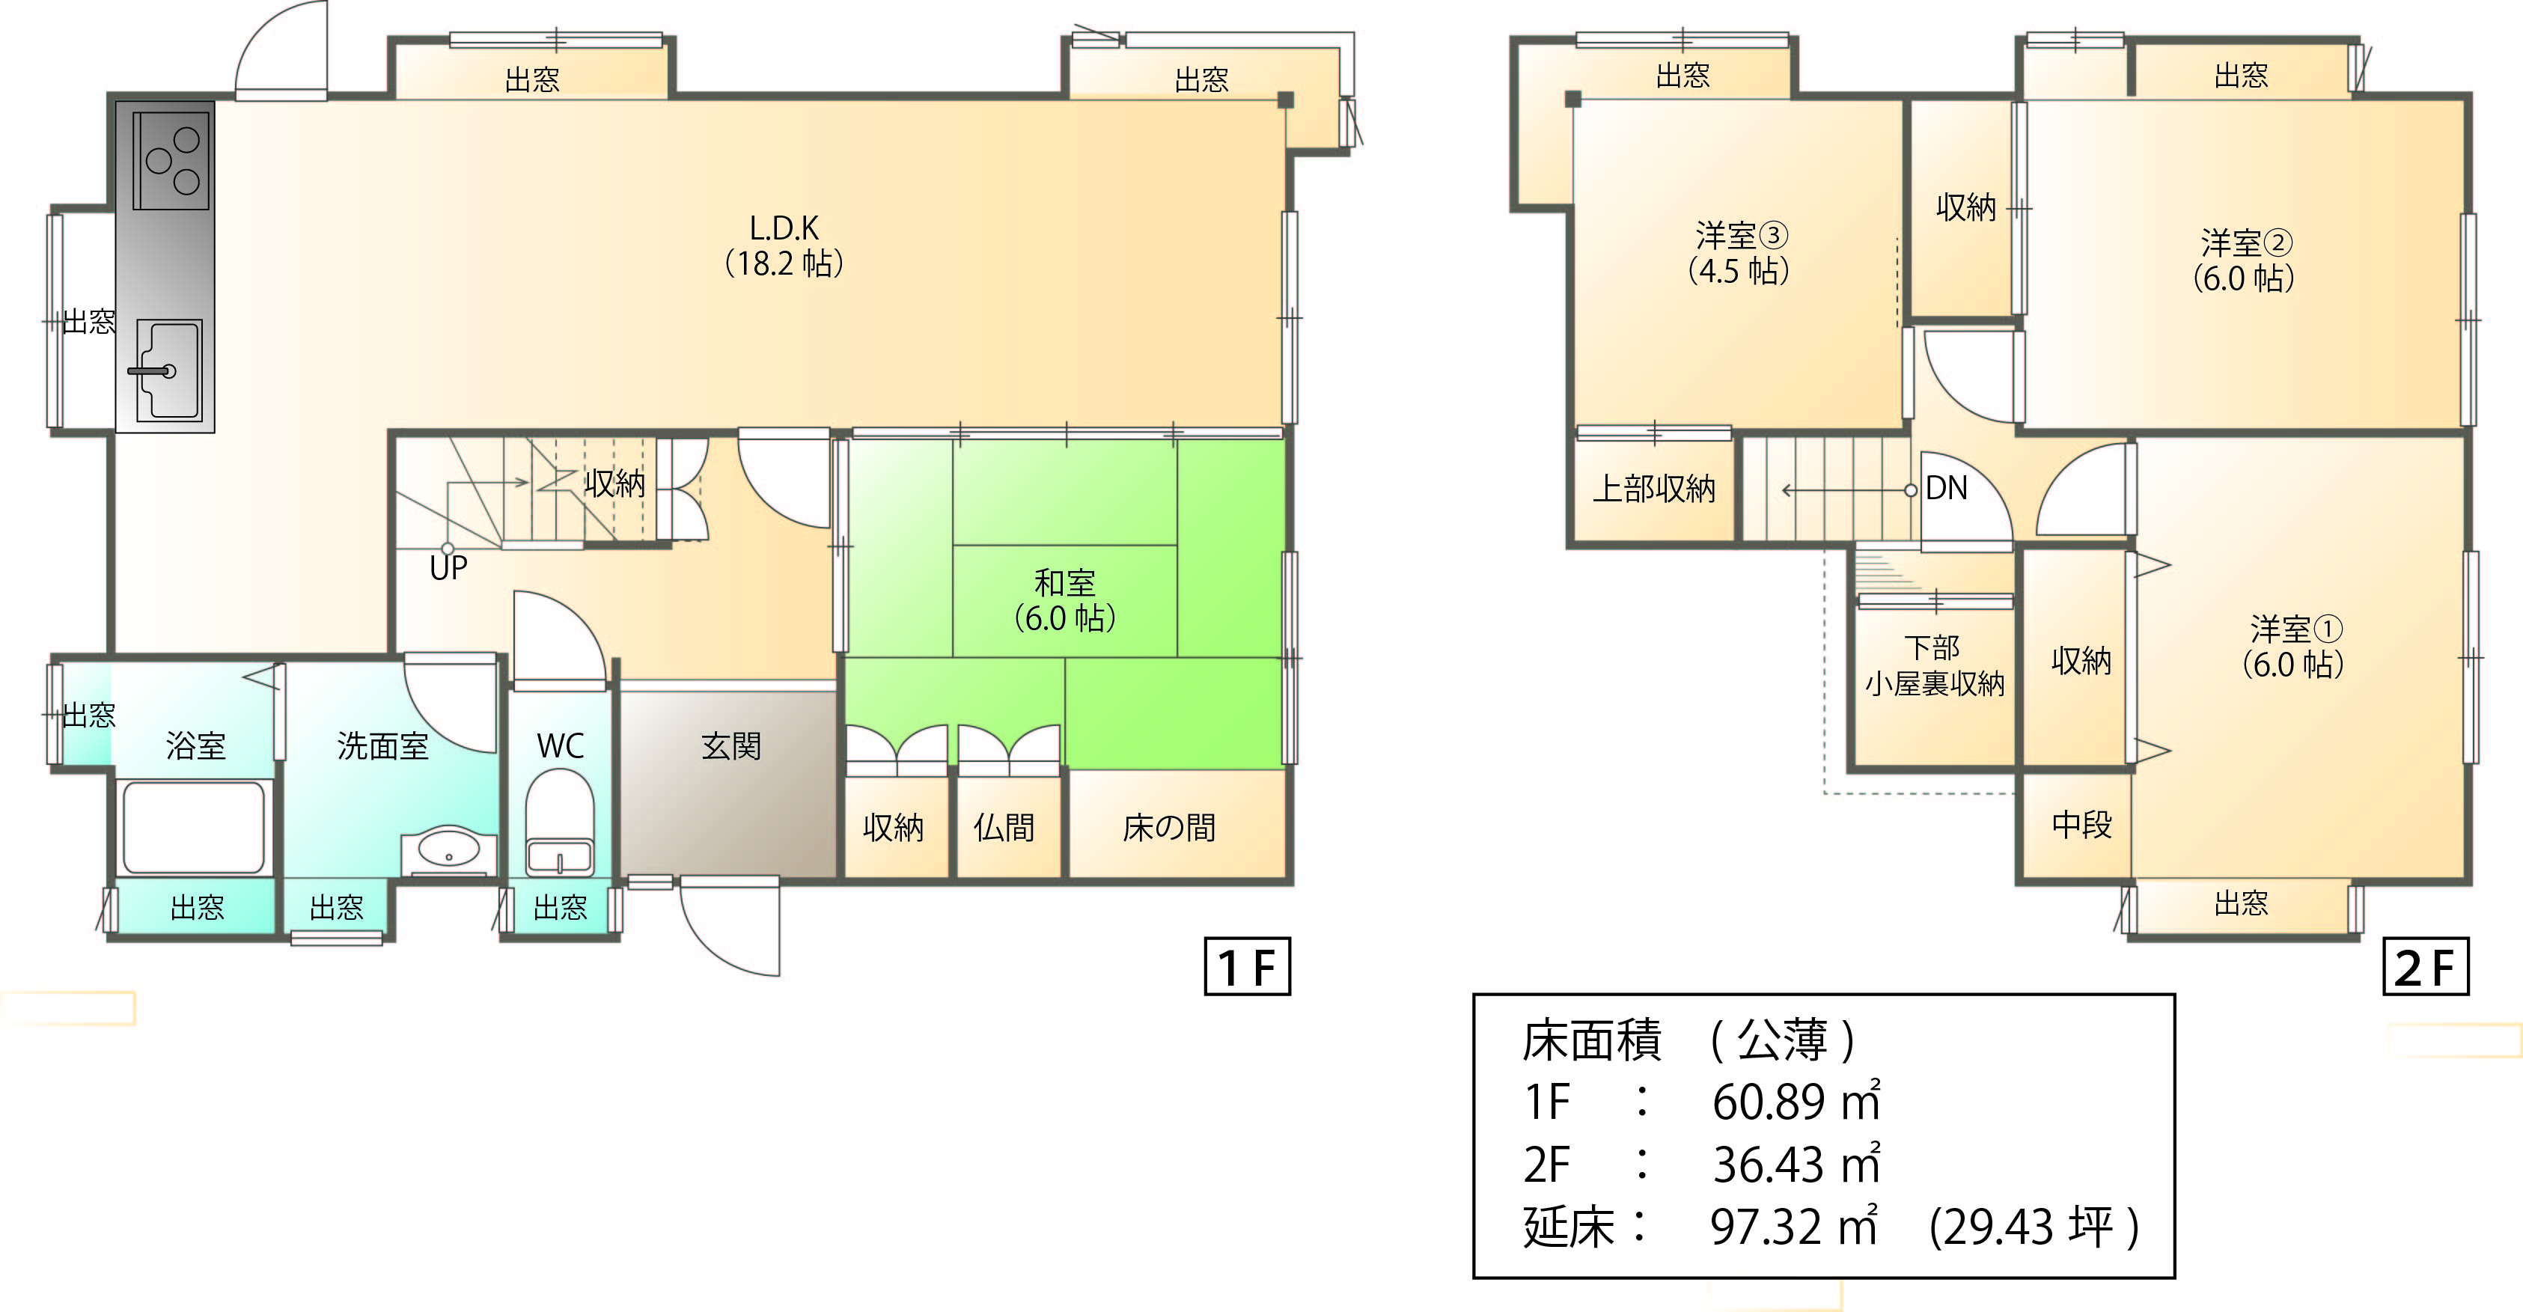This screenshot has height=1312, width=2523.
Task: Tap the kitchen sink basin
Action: coord(168,370)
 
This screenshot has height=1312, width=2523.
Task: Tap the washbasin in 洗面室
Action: coord(448,850)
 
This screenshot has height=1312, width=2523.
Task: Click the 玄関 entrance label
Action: coord(730,747)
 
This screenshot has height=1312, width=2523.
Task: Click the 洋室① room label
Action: coord(2295,646)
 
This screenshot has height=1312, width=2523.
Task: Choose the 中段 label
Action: coord(2081,825)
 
